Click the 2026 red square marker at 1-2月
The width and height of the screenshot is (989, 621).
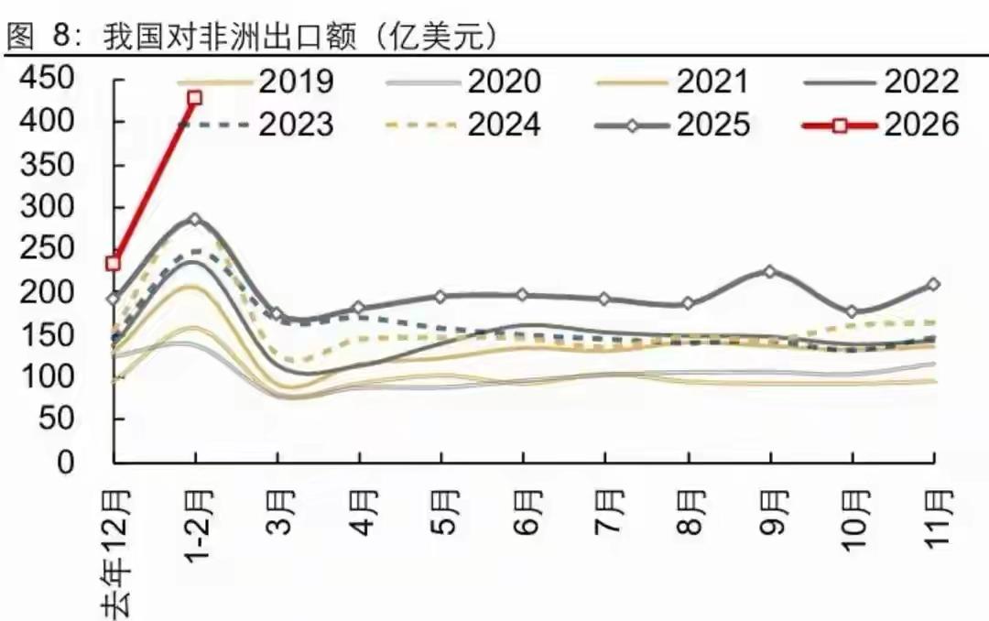tap(194, 98)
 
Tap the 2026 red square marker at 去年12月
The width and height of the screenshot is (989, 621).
tap(114, 263)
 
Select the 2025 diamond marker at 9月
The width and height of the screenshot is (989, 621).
tap(770, 272)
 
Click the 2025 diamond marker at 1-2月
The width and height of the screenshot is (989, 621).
tap(194, 220)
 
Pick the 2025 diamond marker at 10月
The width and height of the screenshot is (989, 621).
tap(853, 312)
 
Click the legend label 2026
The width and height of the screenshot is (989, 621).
tap(921, 124)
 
